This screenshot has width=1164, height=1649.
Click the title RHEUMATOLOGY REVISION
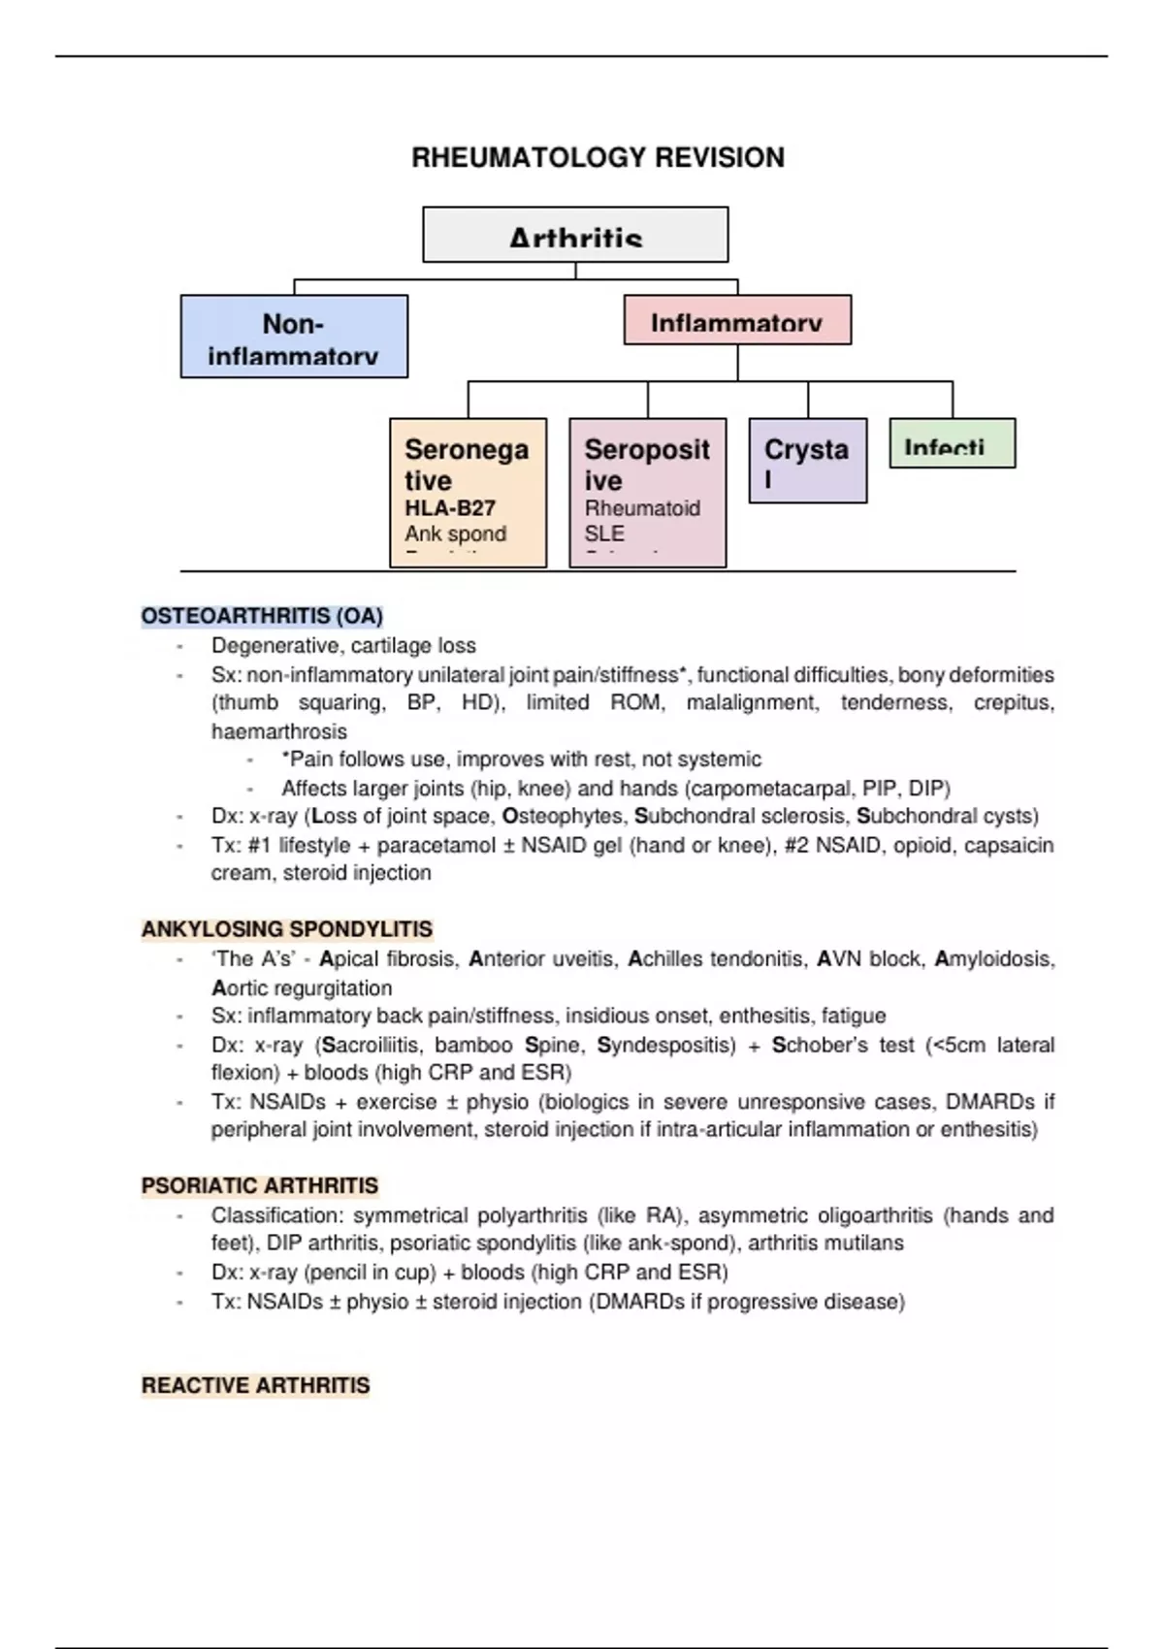[598, 157]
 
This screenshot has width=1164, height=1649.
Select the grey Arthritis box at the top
[575, 235]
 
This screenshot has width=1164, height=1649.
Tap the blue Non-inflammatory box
[294, 337]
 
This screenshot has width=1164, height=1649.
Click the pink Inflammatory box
[737, 320]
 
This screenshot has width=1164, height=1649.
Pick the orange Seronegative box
[468, 493]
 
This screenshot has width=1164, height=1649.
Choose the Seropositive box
[647, 493]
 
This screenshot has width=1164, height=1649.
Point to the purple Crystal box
[807, 461]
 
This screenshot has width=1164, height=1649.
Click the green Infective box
[952, 444]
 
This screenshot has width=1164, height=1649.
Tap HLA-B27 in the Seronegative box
[450, 508]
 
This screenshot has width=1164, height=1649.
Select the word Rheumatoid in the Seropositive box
[642, 508]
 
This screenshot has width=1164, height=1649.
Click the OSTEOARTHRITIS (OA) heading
[262, 616]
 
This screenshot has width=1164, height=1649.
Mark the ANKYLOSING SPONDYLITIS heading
[287, 929]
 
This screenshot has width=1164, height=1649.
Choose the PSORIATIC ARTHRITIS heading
[260, 1185]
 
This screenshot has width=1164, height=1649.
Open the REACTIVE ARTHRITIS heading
[256, 1385]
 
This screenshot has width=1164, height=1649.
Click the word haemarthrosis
[279, 731]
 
